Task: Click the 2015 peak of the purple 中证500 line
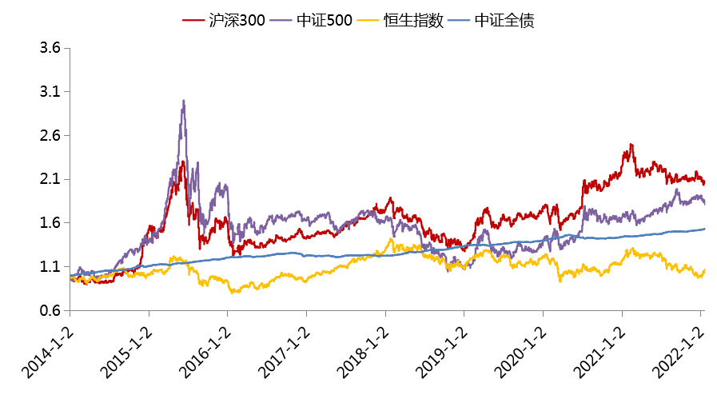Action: click(184, 101)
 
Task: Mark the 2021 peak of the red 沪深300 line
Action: click(631, 145)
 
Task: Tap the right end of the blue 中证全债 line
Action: click(704, 229)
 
